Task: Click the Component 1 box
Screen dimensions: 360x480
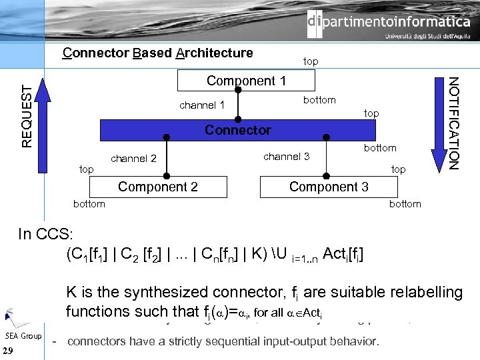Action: [246, 81]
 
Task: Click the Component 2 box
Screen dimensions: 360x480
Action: [158, 187]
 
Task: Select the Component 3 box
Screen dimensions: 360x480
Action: [329, 187]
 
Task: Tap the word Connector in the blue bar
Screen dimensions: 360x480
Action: [238, 130]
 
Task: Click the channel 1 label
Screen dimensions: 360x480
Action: [202, 105]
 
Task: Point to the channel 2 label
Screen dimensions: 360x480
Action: [133, 159]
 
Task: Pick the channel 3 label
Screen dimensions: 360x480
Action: [287, 157]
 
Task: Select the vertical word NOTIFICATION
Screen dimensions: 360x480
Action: [454, 123]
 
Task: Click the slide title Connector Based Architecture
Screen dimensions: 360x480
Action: [157, 53]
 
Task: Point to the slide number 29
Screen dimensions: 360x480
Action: [9, 351]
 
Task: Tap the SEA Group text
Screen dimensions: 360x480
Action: [23, 335]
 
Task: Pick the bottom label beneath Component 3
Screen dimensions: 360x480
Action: [405, 204]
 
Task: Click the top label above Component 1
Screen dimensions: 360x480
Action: [311, 61]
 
